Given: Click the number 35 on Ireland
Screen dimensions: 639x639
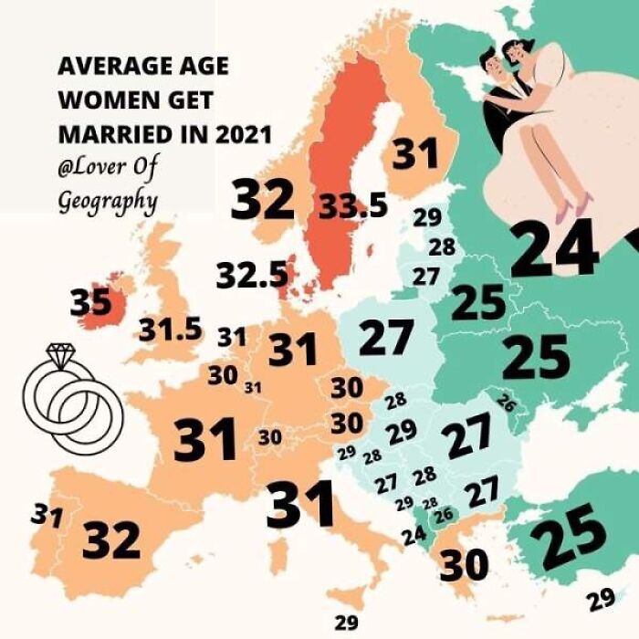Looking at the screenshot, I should pos(90,301).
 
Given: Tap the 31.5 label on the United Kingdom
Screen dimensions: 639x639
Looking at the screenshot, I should pos(171,330).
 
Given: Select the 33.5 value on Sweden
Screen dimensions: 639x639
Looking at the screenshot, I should pos(353,207).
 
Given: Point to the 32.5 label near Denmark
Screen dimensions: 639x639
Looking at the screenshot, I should pos(253,275).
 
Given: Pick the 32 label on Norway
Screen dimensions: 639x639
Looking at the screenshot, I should pos(262,199).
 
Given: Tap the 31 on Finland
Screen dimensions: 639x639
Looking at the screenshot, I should pos(416,154).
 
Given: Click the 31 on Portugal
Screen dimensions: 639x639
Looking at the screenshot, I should pos(46,516).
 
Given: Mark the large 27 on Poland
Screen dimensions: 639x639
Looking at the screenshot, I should pos(386,338).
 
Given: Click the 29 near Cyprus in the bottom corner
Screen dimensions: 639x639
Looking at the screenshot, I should pos(601,600).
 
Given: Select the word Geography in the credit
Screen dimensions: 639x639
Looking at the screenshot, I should pos(107,199).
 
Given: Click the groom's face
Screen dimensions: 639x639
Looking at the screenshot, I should pos(493,66).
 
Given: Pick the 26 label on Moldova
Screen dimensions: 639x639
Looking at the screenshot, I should pos(507,402).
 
